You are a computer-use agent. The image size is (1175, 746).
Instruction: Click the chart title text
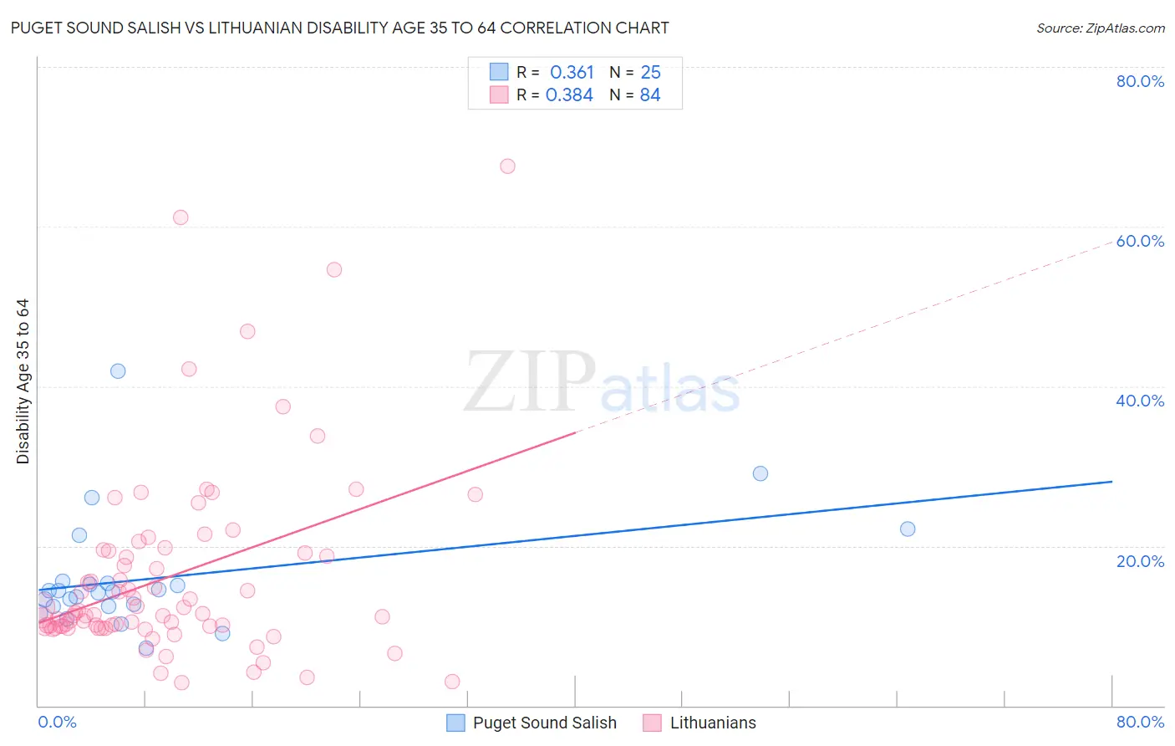(339, 28)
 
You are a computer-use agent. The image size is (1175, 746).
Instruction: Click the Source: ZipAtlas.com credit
(1100, 28)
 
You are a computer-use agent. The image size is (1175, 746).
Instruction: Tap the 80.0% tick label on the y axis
(1140, 81)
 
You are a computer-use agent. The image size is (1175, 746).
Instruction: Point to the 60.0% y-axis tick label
(1140, 241)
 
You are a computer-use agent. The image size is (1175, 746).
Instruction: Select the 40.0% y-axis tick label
(1140, 401)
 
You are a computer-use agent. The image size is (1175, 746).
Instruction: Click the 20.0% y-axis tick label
(1140, 561)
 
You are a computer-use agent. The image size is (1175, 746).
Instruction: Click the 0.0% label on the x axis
(57, 722)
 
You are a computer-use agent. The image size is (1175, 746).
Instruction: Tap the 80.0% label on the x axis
(1140, 722)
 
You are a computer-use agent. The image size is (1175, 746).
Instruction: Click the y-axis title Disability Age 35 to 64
(23, 381)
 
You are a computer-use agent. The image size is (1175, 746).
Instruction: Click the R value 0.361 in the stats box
(572, 73)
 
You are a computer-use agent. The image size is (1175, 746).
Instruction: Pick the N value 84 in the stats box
(650, 95)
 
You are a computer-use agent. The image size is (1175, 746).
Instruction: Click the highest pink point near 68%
(507, 166)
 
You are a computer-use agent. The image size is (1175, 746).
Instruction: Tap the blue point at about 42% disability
(118, 371)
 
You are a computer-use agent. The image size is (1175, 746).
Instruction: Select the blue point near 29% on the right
(760, 473)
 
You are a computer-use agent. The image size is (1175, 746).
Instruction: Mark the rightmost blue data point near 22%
(908, 529)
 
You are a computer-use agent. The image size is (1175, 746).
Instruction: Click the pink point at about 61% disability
(181, 217)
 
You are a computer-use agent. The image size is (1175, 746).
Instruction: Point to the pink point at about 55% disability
(334, 269)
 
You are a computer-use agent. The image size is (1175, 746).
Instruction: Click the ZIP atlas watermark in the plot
(602, 384)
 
